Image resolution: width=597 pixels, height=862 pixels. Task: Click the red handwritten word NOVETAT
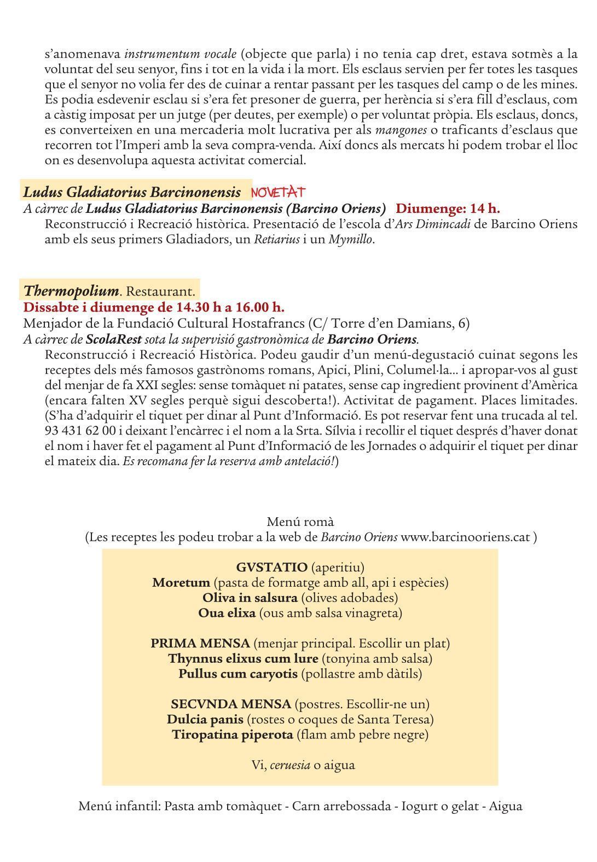coord(278,192)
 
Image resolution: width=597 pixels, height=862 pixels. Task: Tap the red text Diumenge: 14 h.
coord(448,208)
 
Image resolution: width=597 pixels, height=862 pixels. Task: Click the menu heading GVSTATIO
coord(271,568)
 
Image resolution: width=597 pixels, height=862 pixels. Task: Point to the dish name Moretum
coord(181,582)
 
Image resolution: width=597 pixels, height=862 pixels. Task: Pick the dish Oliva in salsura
coord(250,598)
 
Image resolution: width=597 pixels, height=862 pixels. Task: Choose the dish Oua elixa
coord(227,613)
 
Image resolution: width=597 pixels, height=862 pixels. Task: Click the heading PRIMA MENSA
coord(200,643)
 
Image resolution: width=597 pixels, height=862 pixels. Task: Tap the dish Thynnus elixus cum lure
coord(243,658)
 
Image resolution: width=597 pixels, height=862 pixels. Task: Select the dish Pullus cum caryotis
coord(237,673)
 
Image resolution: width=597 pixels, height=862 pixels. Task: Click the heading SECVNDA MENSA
coord(230,704)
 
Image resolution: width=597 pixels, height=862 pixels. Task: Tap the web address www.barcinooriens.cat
coord(466,537)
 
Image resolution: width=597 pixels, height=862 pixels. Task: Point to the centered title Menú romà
coord(300,522)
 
